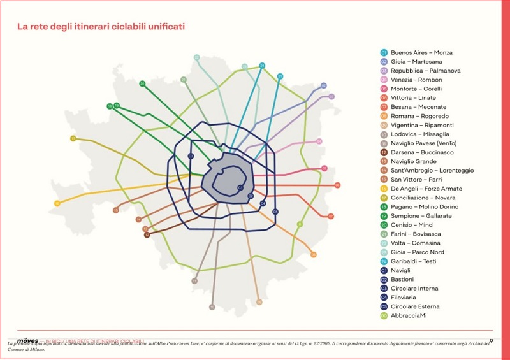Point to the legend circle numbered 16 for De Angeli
coord(384,189)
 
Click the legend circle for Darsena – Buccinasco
coord(384,152)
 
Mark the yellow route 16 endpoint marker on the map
coord(57,203)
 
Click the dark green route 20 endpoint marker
coord(142,83)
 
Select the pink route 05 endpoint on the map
coord(324,169)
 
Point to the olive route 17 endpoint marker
coord(73,138)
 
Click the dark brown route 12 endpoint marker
coord(147,234)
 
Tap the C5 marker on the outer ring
coord(275,212)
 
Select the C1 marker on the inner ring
coord(240,187)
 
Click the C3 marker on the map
coord(191,155)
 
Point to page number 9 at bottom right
coord(491,341)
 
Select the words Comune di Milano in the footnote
coord(27,350)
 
